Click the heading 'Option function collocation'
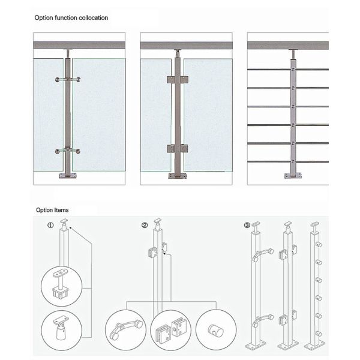click(x=71, y=17)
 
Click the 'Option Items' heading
click(x=52, y=210)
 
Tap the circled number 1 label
click(x=50, y=225)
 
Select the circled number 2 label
click(x=145, y=225)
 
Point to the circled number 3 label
click(x=247, y=225)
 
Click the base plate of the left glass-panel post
click(x=68, y=176)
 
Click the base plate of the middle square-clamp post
click(x=177, y=176)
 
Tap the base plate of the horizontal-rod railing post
click(x=293, y=176)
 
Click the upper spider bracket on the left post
click(x=68, y=80)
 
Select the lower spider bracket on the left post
click(x=68, y=151)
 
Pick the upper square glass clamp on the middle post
click(x=178, y=80)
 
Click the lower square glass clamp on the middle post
click(x=178, y=149)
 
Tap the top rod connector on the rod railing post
click(x=293, y=69)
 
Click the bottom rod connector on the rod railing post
click(x=293, y=161)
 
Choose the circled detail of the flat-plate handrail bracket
click(x=62, y=286)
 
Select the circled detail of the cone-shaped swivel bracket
click(x=62, y=330)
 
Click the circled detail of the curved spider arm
click(x=125, y=330)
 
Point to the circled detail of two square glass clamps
click(x=170, y=330)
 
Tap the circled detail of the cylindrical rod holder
click(x=216, y=330)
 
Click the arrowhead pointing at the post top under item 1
click(x=71, y=228)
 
